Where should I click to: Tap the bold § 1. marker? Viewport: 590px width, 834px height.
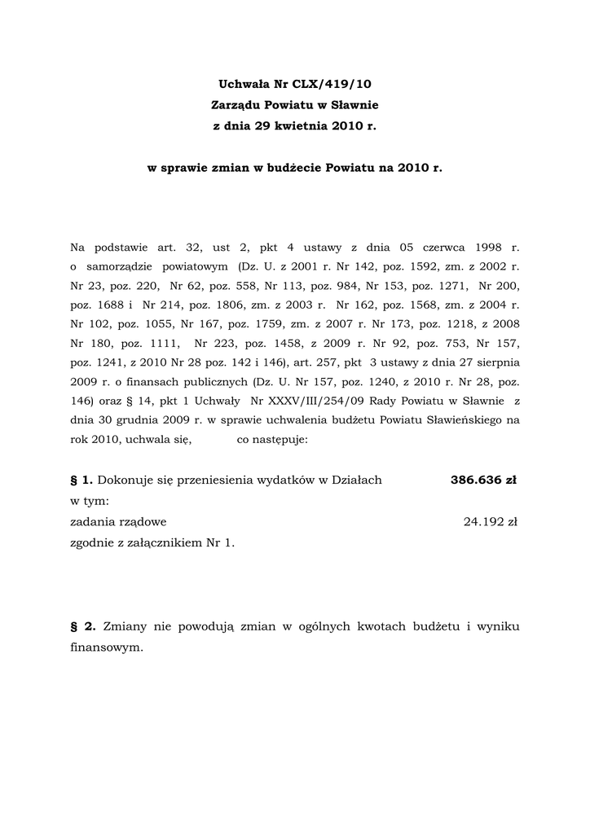pos(82,480)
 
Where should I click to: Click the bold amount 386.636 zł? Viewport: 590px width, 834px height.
pos(483,480)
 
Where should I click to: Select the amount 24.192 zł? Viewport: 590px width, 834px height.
pos(491,522)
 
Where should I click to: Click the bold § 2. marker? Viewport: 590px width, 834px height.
pos(84,627)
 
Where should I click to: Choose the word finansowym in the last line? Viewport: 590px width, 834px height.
pos(106,648)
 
